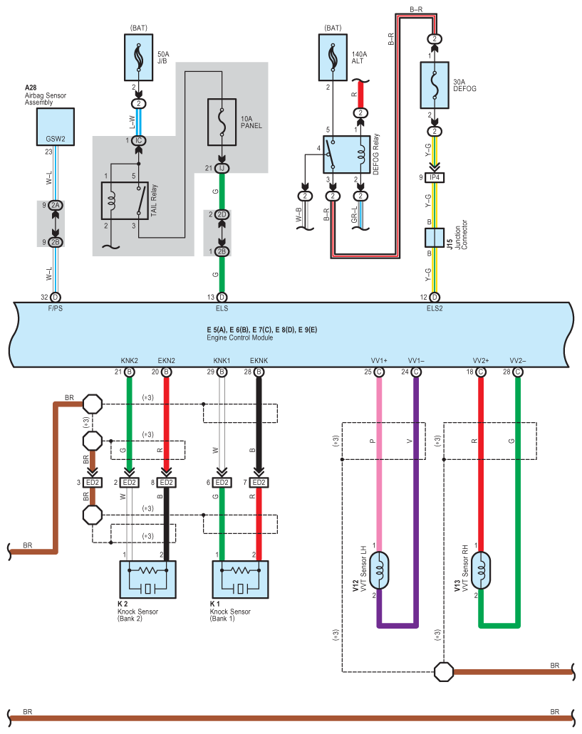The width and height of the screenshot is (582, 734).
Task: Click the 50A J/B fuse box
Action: [139, 57]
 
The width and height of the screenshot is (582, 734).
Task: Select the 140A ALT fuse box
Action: [333, 57]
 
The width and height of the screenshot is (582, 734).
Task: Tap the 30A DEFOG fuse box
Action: [435, 85]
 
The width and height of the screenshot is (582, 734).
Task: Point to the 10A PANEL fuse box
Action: [222, 122]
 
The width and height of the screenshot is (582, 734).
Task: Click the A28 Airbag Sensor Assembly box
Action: [56, 127]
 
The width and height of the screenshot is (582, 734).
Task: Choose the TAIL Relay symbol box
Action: [125, 201]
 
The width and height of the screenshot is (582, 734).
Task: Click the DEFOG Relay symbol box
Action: [346, 154]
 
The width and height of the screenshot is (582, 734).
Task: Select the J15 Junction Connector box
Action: [435, 238]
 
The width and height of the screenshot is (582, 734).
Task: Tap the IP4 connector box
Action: [435, 177]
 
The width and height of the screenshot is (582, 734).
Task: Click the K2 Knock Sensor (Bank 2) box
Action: [148, 580]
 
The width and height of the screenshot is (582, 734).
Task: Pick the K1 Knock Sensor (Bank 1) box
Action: [240, 580]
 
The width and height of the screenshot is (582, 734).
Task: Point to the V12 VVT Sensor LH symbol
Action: [379, 570]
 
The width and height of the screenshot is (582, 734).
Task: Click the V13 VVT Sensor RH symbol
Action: [481, 570]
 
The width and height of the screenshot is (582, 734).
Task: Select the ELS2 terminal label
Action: [435, 308]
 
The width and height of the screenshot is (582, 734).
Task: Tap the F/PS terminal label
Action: [56, 308]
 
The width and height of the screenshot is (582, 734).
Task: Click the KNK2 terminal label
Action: [129, 360]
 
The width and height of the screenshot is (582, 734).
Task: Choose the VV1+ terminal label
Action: [379, 360]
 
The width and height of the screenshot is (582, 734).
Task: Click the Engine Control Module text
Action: [240, 337]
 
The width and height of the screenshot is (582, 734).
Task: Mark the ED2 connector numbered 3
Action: [92, 483]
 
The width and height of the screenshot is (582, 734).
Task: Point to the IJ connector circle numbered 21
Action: [222, 168]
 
